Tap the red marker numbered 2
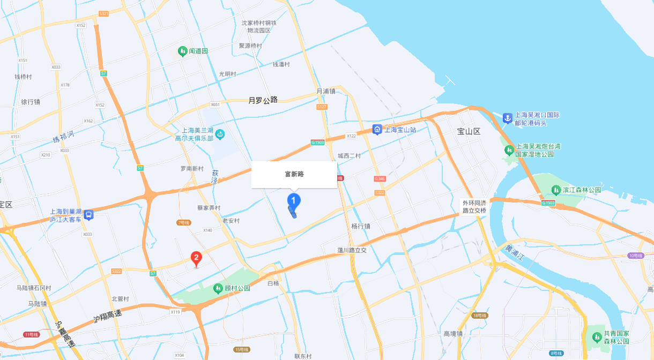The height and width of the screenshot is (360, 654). [x=197, y=259]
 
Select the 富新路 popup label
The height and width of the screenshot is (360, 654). [x=294, y=175]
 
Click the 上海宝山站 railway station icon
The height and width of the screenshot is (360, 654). [x=377, y=130]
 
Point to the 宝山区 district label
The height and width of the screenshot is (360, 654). [x=469, y=131]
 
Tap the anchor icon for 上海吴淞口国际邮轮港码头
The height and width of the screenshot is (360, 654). [x=507, y=118]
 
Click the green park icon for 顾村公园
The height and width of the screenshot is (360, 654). [x=218, y=289]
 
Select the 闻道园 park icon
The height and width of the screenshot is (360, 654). [x=182, y=51]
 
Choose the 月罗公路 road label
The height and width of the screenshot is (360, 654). [x=263, y=100]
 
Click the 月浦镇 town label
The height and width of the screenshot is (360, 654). [x=325, y=91]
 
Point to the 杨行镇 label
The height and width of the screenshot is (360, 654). [x=361, y=226]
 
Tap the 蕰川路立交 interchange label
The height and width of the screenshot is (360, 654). [x=352, y=250]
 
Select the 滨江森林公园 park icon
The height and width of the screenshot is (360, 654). [x=555, y=190]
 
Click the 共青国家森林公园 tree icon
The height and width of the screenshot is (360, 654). [x=596, y=337]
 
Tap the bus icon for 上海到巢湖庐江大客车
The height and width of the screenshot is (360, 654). [x=89, y=215]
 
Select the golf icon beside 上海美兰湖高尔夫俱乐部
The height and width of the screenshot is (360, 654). [x=220, y=134]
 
